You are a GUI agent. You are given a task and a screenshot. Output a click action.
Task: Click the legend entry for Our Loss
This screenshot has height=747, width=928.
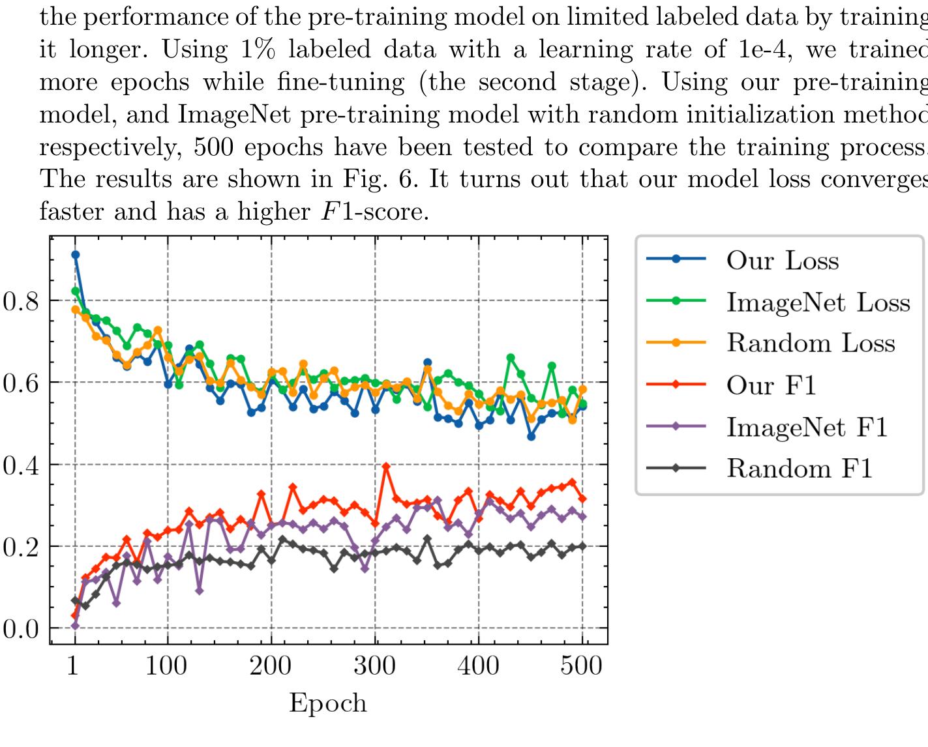point(782,260)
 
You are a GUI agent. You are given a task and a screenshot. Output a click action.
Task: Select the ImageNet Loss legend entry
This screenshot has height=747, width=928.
point(818,302)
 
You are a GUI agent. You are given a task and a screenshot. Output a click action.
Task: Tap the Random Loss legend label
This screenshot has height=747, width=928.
point(811,344)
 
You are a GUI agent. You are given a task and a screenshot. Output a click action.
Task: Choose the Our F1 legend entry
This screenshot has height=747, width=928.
point(771,385)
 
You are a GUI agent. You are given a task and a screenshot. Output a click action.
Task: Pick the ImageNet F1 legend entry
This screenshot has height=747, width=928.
point(807,427)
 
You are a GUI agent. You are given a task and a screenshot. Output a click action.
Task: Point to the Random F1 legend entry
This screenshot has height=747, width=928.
point(800,469)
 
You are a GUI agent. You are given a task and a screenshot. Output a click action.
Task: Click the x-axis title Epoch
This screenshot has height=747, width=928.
point(327,703)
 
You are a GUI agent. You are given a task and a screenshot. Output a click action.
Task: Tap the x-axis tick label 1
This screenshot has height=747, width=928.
point(73,666)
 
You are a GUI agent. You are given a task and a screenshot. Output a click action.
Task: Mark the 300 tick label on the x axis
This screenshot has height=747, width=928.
point(374,666)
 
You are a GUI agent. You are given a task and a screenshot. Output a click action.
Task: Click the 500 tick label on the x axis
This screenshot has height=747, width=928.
point(582,666)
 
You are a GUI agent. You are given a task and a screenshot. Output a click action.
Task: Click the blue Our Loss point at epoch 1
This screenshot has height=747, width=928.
point(75,255)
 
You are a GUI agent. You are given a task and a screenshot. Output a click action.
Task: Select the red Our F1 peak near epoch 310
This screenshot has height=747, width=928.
point(386,467)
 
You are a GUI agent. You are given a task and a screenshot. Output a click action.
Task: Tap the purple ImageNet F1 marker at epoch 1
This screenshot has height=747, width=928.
point(75,626)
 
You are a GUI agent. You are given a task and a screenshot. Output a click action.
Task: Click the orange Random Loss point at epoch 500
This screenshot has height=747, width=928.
point(582,389)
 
